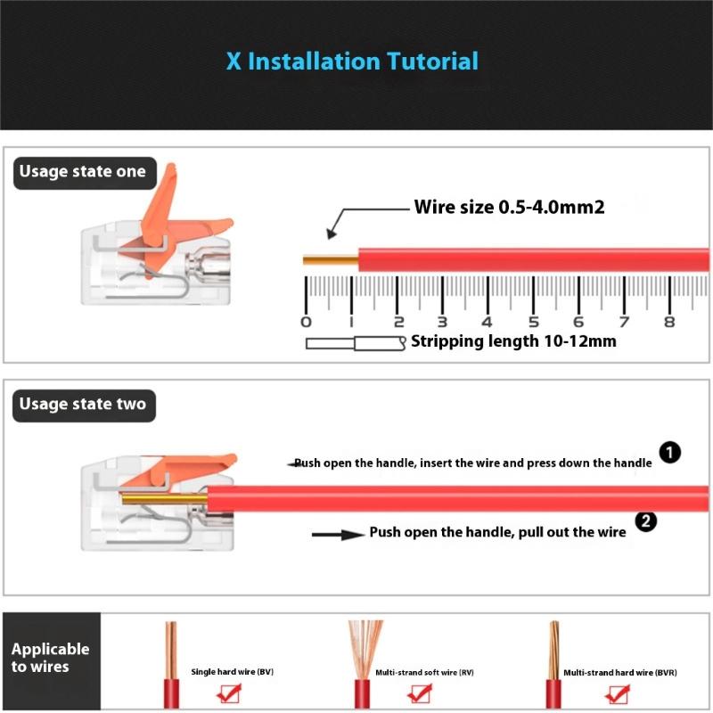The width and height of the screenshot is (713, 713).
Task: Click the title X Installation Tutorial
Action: [352, 61]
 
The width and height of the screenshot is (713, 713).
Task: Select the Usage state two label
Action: [84, 406]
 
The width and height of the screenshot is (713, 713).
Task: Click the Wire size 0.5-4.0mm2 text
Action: [509, 208]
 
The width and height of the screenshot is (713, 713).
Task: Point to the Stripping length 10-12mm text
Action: [514, 341]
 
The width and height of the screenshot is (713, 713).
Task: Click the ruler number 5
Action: [534, 322]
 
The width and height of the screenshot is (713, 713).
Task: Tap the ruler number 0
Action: [306, 322]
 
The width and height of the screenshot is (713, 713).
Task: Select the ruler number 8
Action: [669, 322]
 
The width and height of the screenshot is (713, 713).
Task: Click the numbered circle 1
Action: [670, 453]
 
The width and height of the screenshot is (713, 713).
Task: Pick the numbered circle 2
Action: [645, 521]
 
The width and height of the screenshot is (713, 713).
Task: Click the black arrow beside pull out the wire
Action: [338, 535]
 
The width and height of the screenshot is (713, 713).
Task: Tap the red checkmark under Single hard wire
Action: [229, 693]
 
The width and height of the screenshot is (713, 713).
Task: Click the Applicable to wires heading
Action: [50, 658]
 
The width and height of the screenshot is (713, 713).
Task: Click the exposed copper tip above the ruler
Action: [331, 260]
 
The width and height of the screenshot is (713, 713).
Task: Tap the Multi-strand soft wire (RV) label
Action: [425, 673]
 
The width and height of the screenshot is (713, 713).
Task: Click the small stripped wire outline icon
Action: [356, 343]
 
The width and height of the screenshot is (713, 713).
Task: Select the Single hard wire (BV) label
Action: [233, 672]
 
